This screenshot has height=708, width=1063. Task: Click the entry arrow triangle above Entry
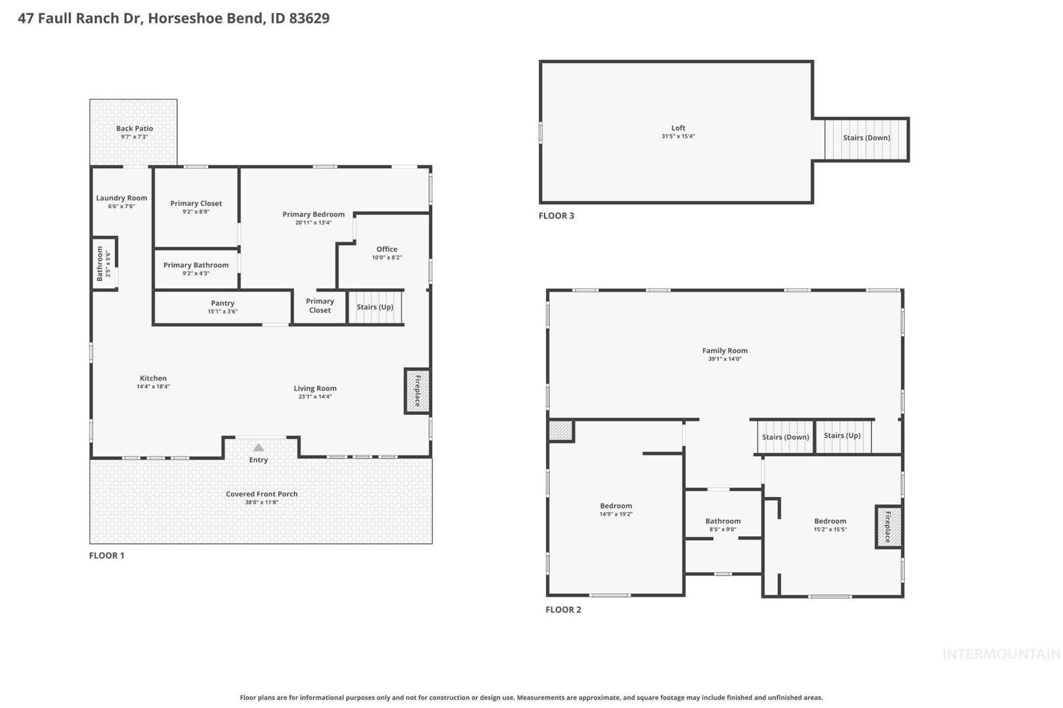click(258, 447)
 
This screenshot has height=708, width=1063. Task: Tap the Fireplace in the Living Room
click(417, 391)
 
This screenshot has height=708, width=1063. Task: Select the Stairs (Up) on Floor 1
click(375, 307)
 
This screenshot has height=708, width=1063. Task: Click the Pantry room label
click(222, 303)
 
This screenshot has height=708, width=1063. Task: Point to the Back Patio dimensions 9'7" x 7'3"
click(135, 136)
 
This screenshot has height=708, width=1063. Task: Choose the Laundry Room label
click(121, 198)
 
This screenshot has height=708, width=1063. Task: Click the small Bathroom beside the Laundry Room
click(104, 263)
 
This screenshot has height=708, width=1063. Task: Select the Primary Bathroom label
click(196, 265)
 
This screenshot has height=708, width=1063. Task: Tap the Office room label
click(386, 249)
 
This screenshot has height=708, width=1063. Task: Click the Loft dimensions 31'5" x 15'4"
click(678, 136)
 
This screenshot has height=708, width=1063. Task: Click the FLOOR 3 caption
click(556, 216)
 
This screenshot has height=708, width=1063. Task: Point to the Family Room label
click(724, 351)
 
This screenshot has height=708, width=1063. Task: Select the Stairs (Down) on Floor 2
click(785, 437)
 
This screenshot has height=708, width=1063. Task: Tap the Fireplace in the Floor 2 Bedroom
click(888, 527)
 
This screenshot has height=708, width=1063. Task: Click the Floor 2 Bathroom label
click(722, 521)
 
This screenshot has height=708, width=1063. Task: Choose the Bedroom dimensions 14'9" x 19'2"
click(616, 514)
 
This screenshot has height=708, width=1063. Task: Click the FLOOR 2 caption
click(563, 610)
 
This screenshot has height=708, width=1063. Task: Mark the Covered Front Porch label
click(261, 494)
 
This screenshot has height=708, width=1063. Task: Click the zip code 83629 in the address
click(309, 18)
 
